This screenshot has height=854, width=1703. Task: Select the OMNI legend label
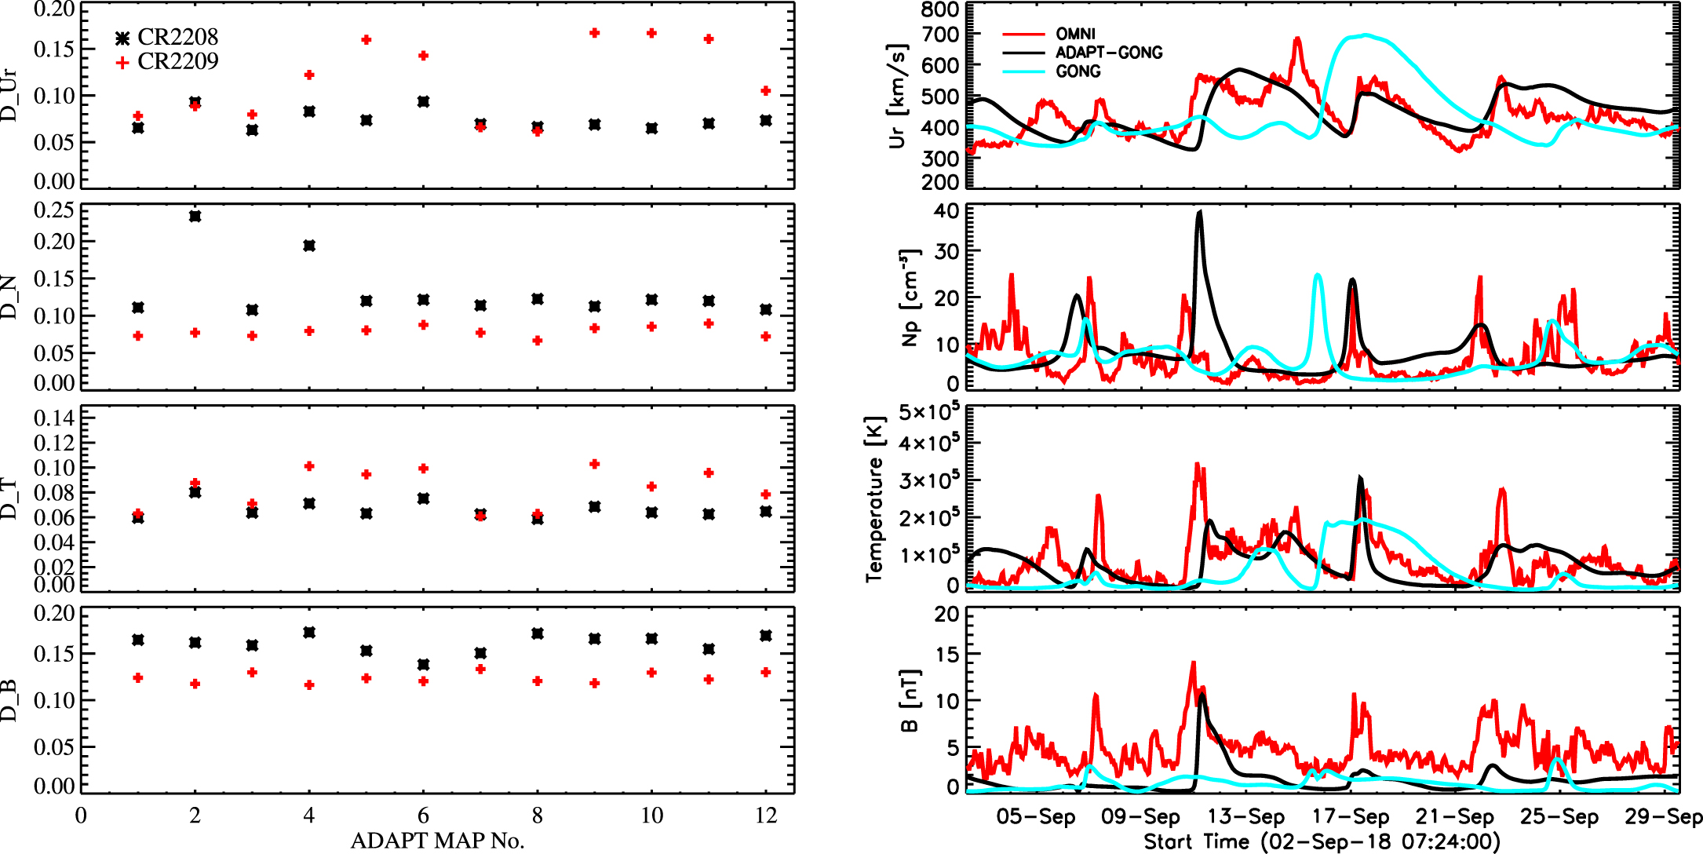[x=1075, y=34]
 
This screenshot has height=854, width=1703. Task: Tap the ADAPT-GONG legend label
[x=1108, y=53]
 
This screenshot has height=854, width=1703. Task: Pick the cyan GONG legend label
[x=1078, y=71]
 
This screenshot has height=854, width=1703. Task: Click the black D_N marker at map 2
[x=195, y=216]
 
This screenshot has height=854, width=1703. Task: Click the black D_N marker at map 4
[x=309, y=246]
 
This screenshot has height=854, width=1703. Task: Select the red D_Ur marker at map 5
[x=366, y=40]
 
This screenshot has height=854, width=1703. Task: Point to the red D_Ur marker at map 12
[x=766, y=91]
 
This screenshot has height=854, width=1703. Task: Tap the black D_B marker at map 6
[x=424, y=665]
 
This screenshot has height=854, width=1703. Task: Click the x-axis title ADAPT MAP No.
[x=437, y=841]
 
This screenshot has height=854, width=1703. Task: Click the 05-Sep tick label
[x=1035, y=817]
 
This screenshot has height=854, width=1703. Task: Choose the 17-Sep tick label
[x=1350, y=817]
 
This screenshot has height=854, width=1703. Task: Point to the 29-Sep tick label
[x=1662, y=817]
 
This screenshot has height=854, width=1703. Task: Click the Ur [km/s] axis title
[x=897, y=96]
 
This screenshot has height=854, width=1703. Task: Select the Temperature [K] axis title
[x=874, y=499]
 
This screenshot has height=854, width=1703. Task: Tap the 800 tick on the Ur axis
[x=940, y=9]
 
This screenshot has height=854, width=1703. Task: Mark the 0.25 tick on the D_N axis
[x=54, y=210]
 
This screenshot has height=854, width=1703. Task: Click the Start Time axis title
[x=1322, y=842]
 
